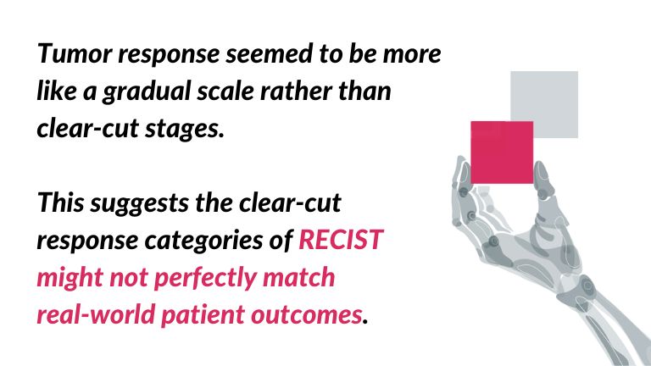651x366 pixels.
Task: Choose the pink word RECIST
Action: coord(340,241)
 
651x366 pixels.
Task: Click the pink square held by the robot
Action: coord(502,152)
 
